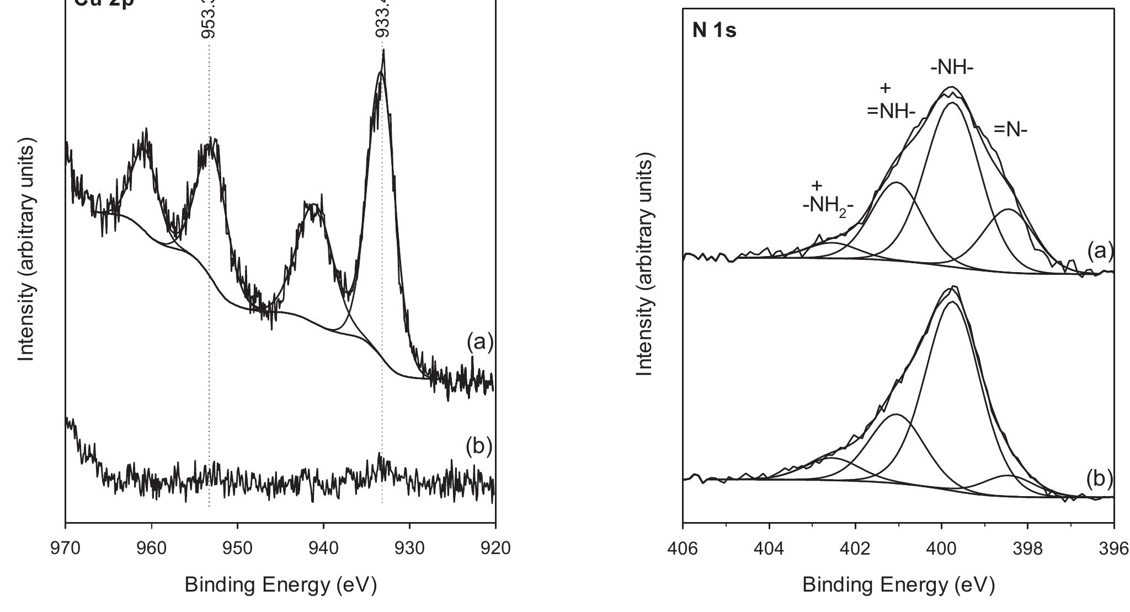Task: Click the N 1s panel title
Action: [714, 31]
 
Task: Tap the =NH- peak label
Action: [891, 111]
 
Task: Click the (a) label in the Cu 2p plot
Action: [479, 343]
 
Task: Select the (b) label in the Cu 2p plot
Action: [478, 446]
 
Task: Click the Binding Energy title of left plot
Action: [280, 585]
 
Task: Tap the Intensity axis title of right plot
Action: [644, 265]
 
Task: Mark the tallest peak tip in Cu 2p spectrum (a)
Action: [383, 51]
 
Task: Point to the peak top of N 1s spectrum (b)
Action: [953, 287]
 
